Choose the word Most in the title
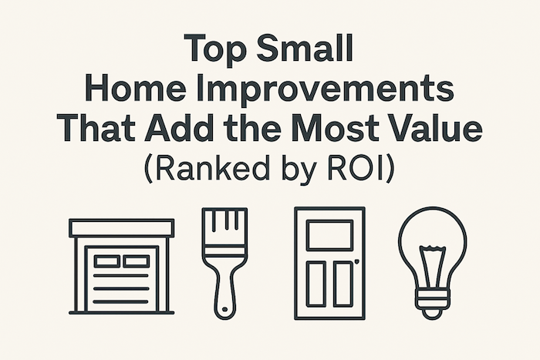pos(340,127)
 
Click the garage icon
pos(122,267)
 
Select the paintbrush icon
pos(224,264)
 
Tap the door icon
pos(329,264)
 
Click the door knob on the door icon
pos(356,261)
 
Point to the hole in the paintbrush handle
pos(224,309)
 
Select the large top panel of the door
pos(329,235)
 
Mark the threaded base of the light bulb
pos(433,299)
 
